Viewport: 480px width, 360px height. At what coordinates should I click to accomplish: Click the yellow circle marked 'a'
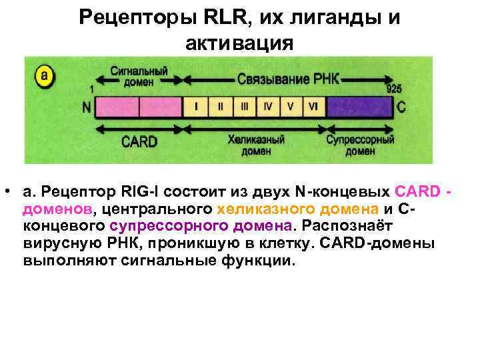44,75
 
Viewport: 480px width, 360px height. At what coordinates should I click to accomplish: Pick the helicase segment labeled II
220,107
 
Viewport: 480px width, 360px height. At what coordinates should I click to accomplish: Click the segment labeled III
244,107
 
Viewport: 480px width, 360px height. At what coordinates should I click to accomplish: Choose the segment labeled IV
267,107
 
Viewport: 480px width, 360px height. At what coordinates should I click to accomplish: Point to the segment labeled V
290,107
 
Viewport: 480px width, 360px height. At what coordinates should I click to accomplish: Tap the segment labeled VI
313,107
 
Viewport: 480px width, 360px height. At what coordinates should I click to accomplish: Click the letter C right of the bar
401,107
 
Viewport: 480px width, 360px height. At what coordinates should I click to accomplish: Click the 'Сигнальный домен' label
139,77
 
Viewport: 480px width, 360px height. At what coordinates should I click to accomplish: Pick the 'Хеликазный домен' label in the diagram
255,145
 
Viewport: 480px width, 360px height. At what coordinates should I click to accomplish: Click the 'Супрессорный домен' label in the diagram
360,145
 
